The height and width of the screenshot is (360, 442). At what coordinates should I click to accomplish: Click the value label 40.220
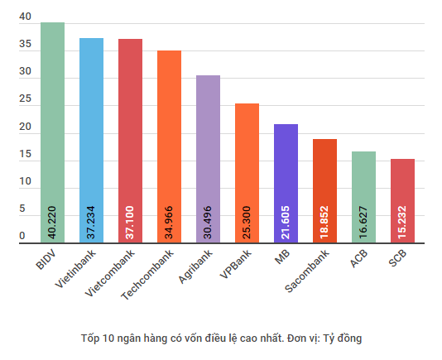tap(52, 222)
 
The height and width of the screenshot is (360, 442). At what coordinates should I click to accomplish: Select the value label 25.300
tap(247, 222)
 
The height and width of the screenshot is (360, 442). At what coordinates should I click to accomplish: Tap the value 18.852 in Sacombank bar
tap(324, 222)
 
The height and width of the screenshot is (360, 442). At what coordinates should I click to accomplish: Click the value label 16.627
tap(363, 222)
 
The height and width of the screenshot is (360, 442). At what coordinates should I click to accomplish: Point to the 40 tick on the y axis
tap(25, 17)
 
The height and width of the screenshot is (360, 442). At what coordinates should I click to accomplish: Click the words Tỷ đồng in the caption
tap(341, 338)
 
